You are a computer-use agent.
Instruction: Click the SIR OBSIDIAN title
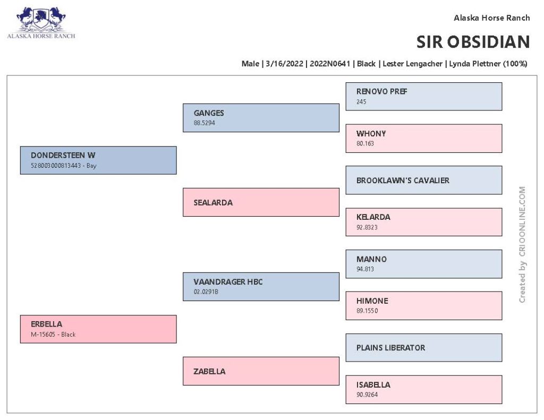tap(473, 42)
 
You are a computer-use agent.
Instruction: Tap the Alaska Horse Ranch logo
tap(41, 22)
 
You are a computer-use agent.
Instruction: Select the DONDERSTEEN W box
tap(98, 160)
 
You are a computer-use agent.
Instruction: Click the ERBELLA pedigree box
tap(98, 329)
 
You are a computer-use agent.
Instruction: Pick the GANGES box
tap(261, 118)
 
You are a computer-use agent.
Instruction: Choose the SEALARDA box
tap(261, 202)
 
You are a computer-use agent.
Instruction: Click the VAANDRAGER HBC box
tap(261, 287)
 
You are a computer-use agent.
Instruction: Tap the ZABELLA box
tap(261, 371)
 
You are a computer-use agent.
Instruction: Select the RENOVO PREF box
tap(423, 97)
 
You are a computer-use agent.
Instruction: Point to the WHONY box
tap(423, 139)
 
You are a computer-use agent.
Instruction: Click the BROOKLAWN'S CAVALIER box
tap(423, 180)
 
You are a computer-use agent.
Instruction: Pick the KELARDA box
tap(423, 222)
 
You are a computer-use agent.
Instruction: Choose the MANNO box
tap(423, 264)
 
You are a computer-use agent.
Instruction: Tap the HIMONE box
tap(423, 305)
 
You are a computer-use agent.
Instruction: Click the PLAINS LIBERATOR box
tap(423, 347)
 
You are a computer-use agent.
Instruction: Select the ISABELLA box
tap(423, 390)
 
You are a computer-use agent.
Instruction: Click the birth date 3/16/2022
tap(285, 64)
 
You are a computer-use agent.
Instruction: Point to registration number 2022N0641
tap(330, 64)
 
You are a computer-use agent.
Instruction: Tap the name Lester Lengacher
tap(412, 64)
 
